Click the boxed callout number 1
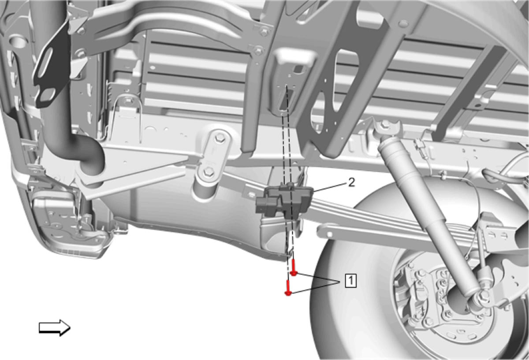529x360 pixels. coord(350,281)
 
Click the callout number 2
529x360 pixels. coord(352,182)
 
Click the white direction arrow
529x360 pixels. coord(55,328)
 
